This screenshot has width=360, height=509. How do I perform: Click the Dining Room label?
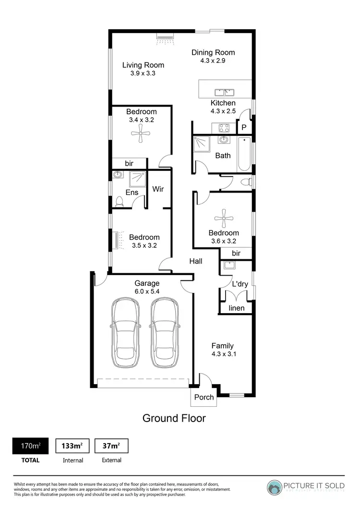[x=213, y=53]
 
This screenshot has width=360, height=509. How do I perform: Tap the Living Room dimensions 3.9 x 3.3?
[x=143, y=73]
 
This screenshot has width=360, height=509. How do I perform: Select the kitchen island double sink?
[x=223, y=91]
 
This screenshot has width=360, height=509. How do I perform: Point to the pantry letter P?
[x=244, y=128]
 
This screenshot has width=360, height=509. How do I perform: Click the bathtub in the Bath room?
[x=244, y=155]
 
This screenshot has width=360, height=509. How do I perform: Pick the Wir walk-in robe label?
[x=158, y=189]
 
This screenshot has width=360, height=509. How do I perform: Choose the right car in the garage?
[x=165, y=333]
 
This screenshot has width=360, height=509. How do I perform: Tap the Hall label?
[x=195, y=262]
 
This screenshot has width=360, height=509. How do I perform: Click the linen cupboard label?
[x=236, y=307]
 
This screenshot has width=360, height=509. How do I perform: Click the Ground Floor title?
[x=174, y=418]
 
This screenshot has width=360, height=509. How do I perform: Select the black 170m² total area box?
[x=30, y=446]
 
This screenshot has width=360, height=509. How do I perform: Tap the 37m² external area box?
[x=111, y=446]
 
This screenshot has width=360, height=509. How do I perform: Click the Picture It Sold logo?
[x=306, y=486]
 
